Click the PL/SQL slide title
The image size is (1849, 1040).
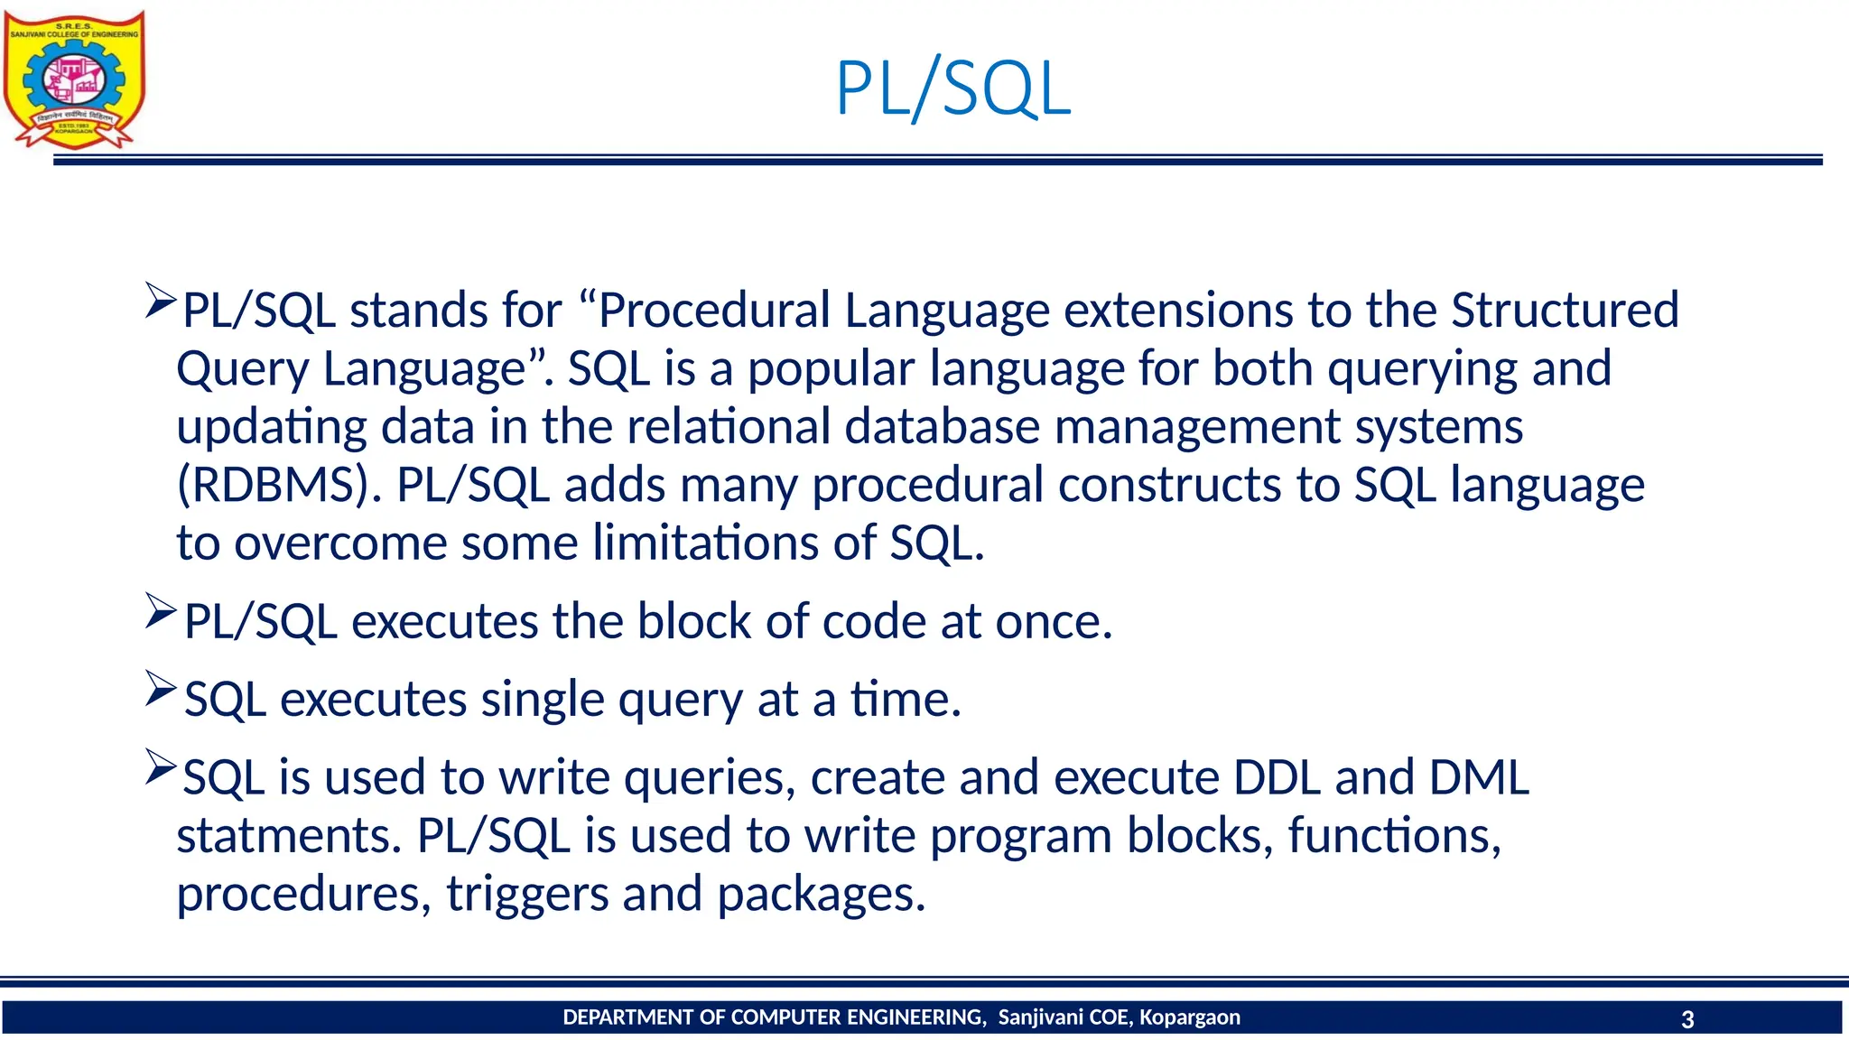click(x=952, y=88)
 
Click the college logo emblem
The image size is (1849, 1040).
click(x=74, y=79)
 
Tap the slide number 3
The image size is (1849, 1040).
click(x=1687, y=1019)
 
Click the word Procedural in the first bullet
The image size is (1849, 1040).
click(x=714, y=311)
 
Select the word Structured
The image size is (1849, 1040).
click(x=1565, y=311)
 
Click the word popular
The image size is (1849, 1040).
click(x=831, y=370)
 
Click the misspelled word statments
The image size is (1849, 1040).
click(x=288, y=836)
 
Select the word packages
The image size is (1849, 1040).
click(x=821, y=895)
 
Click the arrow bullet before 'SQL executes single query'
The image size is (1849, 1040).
click(x=161, y=690)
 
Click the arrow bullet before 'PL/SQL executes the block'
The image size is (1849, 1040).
click(x=161, y=612)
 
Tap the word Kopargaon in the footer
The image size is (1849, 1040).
click(x=1189, y=1017)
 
